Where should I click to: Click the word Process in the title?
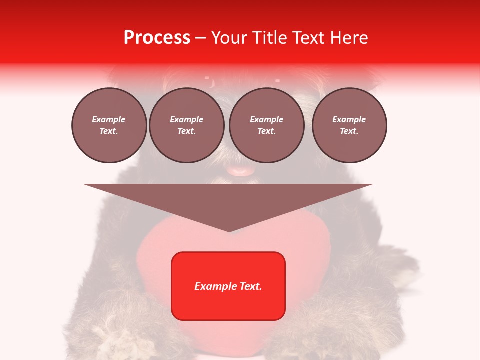tap(157, 38)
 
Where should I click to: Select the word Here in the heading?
tap(348, 38)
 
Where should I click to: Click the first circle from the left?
tap(109, 125)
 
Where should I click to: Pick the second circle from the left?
tap(186, 125)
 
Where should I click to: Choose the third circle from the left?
tap(266, 125)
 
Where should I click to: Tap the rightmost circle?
tap(349, 125)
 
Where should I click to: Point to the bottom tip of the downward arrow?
tap(229, 231)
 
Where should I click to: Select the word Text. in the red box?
tap(250, 286)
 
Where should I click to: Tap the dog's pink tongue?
tap(241, 171)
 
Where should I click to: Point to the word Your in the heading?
tap(227, 38)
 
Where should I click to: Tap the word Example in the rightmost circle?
tap(349, 119)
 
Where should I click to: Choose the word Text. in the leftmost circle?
tap(109, 131)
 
